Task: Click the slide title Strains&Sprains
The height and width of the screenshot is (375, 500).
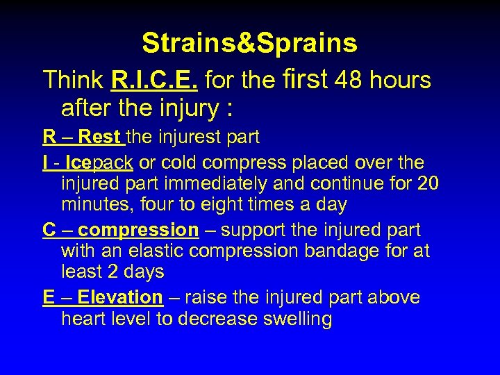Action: pos(249,43)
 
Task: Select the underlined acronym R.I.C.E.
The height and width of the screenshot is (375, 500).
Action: pos(155,81)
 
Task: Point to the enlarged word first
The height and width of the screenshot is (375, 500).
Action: pos(306,79)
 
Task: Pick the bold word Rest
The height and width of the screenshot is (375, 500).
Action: pos(100,137)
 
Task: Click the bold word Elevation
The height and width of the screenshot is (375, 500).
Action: pos(119,297)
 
